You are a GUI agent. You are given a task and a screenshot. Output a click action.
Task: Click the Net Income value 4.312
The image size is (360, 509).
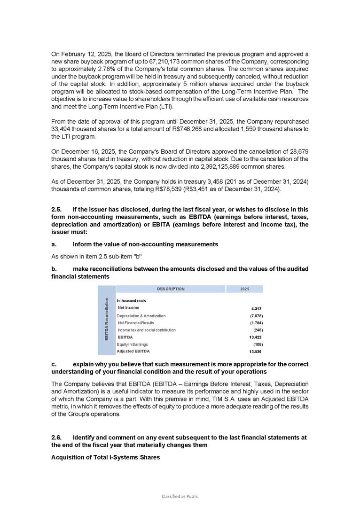tap(256, 308)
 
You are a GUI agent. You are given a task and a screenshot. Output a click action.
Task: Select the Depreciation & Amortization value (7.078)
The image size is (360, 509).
tap(256, 316)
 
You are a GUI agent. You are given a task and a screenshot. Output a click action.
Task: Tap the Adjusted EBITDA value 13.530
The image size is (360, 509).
tap(255, 351)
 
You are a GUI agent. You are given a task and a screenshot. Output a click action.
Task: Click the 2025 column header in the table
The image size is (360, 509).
tap(244, 289)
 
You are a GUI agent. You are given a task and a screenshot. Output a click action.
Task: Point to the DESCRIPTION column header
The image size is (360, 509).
tap(171, 289)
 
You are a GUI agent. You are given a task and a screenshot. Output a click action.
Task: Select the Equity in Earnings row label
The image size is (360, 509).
tap(132, 345)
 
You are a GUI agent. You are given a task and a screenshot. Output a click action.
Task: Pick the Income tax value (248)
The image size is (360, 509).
tap(258, 330)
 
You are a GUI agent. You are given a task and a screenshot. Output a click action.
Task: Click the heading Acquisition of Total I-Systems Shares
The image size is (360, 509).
tap(105, 458)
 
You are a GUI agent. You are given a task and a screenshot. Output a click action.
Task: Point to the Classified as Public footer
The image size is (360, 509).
tap(180, 496)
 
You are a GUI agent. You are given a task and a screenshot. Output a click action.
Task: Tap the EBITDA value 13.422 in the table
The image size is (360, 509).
tap(255, 337)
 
